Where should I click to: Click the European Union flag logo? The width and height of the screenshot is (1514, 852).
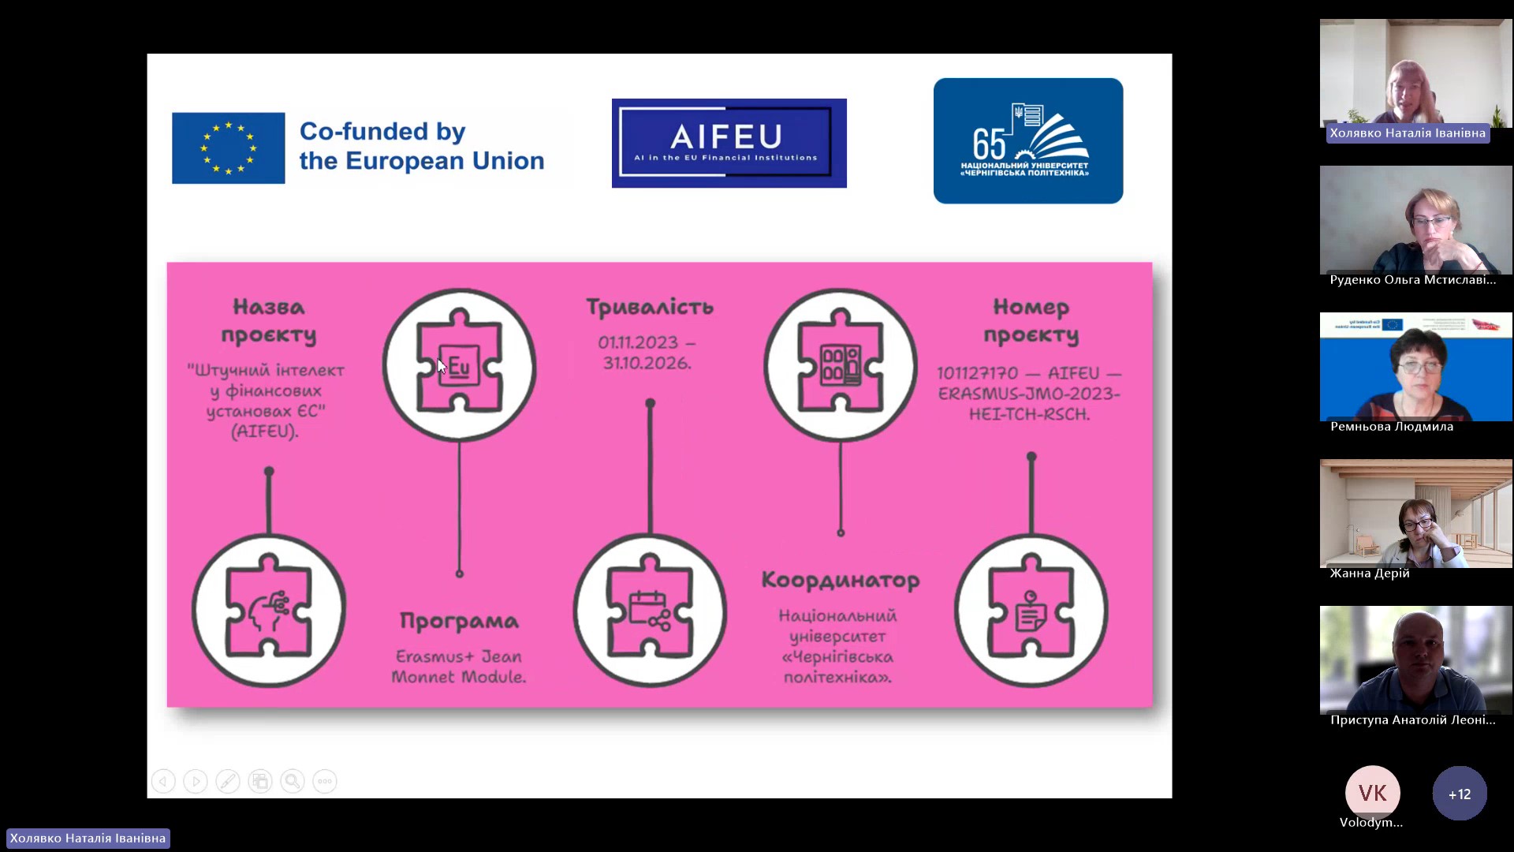[x=228, y=148]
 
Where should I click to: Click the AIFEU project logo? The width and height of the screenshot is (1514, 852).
[x=729, y=143]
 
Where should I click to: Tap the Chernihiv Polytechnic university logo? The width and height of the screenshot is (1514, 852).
[x=1027, y=140]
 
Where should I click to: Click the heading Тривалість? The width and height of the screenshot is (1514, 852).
[x=649, y=307]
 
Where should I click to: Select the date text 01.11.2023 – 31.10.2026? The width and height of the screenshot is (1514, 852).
[x=646, y=353]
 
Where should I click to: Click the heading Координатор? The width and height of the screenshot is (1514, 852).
[x=840, y=581]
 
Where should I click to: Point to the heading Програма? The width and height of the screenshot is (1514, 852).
[x=459, y=622]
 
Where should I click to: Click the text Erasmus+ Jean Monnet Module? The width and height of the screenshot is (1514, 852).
[x=459, y=667]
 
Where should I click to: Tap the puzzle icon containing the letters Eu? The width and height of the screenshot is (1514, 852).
[x=459, y=365]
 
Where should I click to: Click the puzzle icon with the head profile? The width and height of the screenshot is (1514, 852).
[x=269, y=610]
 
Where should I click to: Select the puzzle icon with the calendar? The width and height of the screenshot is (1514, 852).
[x=650, y=610]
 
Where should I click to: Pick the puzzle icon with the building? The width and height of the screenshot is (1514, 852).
[x=840, y=365]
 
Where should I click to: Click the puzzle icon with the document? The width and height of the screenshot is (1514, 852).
[x=1031, y=610]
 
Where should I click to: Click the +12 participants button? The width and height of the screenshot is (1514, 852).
[x=1459, y=794]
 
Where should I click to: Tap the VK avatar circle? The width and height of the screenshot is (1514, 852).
[x=1372, y=793]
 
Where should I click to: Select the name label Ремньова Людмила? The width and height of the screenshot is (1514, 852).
[x=1391, y=427]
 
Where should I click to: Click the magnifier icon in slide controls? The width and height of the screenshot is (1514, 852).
[x=293, y=781]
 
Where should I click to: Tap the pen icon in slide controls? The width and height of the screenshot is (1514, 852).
[x=228, y=781]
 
